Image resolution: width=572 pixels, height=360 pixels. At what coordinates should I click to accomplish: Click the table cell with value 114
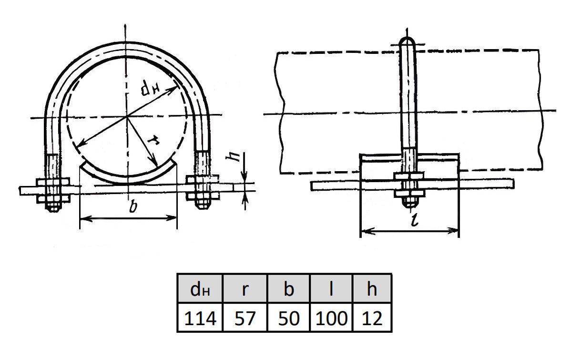(200, 318)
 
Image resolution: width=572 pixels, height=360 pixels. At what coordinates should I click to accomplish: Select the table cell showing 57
(245, 318)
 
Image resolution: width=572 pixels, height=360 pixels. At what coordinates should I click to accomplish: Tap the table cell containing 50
(288, 318)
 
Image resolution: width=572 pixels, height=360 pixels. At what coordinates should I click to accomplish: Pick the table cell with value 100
(331, 318)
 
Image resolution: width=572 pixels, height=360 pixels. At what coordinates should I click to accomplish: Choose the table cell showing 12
(372, 318)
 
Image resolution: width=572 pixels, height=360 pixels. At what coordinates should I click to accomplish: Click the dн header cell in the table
(200, 289)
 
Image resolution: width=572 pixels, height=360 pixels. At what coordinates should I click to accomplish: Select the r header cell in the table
(245, 289)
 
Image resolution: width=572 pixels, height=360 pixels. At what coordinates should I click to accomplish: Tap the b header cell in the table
(288, 289)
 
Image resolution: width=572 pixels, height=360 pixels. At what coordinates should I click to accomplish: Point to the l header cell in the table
(331, 289)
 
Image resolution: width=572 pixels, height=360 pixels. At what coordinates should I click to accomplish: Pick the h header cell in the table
(372, 289)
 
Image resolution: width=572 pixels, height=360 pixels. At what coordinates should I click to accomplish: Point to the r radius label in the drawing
(154, 141)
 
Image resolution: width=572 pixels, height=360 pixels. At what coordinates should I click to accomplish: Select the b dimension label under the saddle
(133, 206)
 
